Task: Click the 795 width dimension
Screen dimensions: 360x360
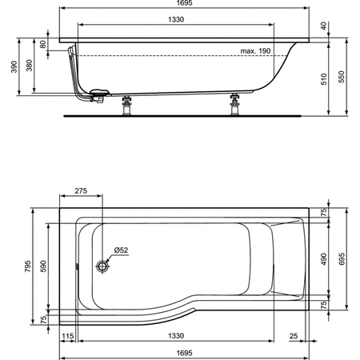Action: click(x=27, y=264)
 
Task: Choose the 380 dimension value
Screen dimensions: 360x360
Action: click(x=30, y=66)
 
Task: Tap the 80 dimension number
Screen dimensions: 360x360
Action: click(x=44, y=46)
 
